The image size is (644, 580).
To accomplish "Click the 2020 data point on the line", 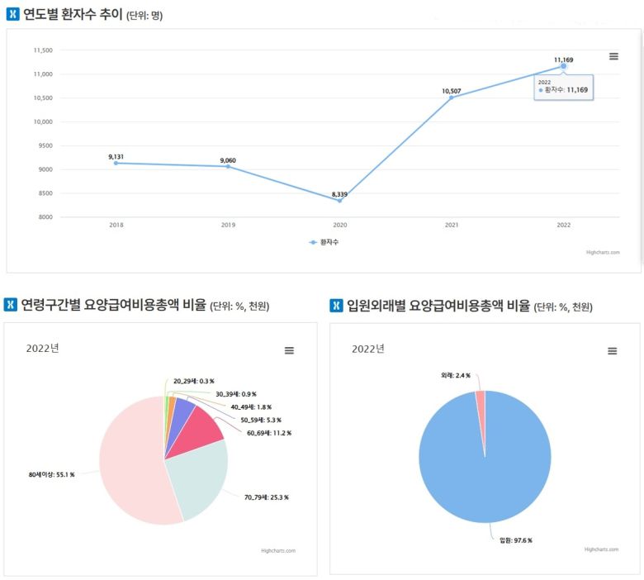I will pos(339,201).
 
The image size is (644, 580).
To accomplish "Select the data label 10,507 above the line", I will pos(452,91).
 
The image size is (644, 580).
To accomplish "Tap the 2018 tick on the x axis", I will pos(116,225).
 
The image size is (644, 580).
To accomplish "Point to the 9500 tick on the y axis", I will pos(42,145).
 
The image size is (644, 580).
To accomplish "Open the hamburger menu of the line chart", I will pos(613,56).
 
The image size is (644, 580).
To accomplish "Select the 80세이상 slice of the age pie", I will pos(132,463).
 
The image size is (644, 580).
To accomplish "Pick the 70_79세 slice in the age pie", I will pos(198,479).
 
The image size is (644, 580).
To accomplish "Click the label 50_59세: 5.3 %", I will pos(260,420).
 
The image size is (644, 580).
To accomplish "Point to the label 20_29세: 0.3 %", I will pos(194,381).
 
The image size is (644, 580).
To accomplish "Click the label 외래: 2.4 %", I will pos(456,375).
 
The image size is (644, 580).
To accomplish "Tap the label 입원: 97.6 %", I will pos(516,540).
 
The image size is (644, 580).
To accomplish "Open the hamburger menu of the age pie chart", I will pos(289,350).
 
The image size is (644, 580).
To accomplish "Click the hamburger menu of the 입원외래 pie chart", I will pos(613,350).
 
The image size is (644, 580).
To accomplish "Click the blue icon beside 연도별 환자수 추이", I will pos(12,14).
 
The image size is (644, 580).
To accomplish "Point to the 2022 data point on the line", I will pos(564,66).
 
